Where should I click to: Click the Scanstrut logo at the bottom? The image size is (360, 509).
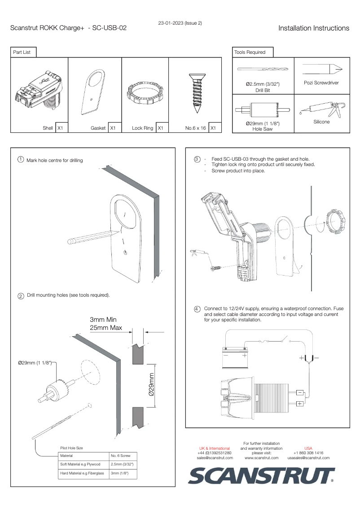click(262, 475)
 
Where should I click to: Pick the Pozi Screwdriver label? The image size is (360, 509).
click(321, 83)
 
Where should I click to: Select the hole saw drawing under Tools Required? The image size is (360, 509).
click(263, 109)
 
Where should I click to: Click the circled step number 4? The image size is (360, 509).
click(197, 309)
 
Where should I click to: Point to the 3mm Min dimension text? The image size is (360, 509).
click(103, 320)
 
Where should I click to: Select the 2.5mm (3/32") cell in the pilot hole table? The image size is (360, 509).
click(122, 464)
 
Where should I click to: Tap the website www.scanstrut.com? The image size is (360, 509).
click(261, 458)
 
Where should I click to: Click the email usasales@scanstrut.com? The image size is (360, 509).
click(308, 458)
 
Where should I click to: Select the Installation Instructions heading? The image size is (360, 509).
click(313, 28)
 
